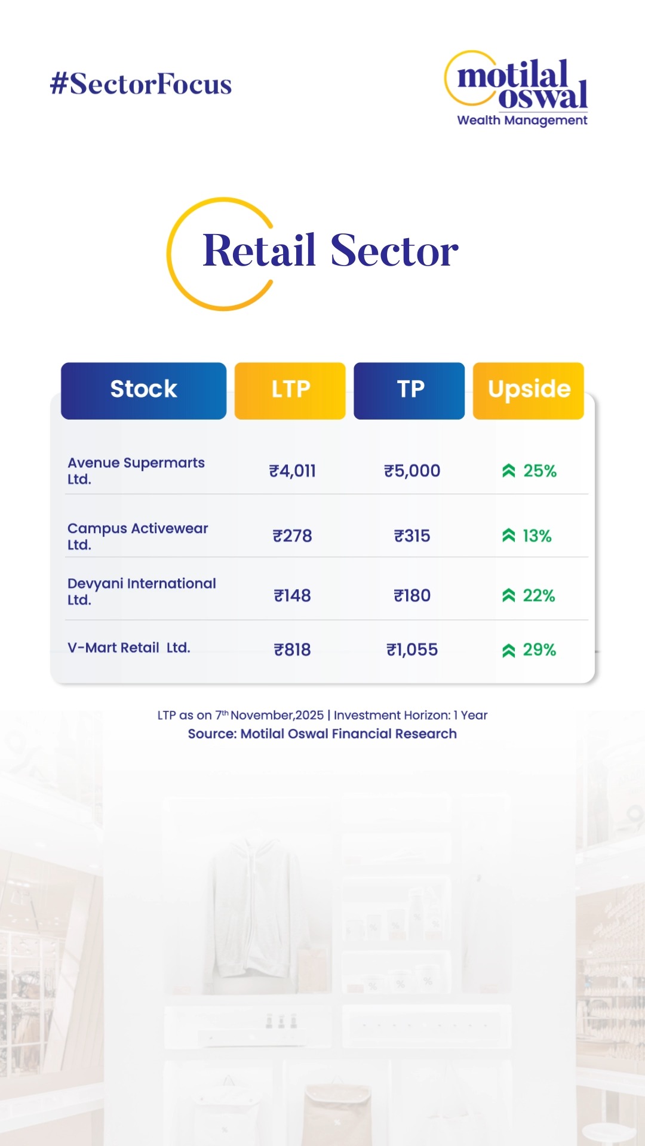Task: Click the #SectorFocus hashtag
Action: (x=141, y=84)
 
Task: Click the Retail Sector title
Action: (x=330, y=251)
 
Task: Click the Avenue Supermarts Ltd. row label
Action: (x=136, y=470)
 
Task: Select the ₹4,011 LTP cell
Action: (x=292, y=471)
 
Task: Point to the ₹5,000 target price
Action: (x=412, y=471)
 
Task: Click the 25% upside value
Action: (x=540, y=471)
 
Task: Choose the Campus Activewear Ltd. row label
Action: (x=137, y=536)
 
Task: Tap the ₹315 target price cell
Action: (x=412, y=536)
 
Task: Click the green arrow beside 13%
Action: (x=508, y=536)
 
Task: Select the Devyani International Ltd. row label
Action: (x=142, y=591)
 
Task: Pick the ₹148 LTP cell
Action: (x=292, y=596)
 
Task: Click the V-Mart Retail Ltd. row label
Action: (x=129, y=648)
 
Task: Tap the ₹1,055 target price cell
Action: (x=412, y=649)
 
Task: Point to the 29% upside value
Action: (x=539, y=649)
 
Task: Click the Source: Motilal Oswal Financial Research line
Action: (x=322, y=734)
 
